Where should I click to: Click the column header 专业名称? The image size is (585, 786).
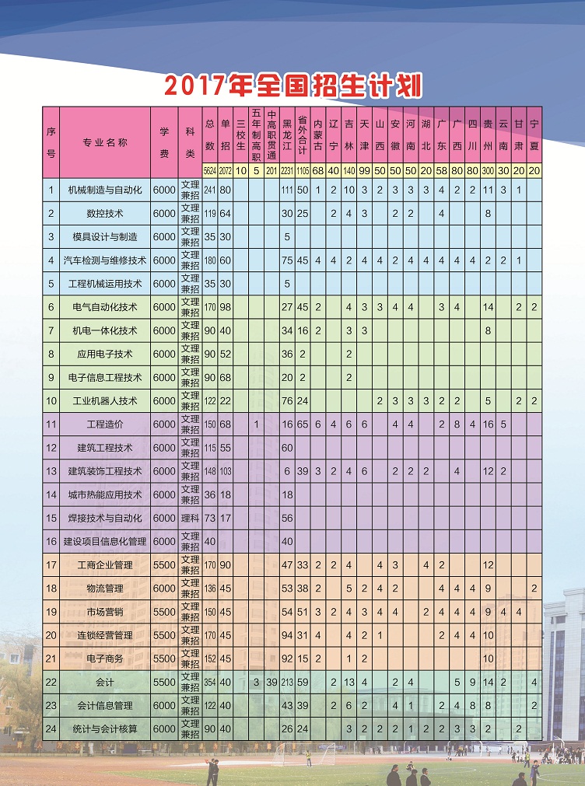pos(105,142)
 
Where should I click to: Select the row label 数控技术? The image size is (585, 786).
pos(105,213)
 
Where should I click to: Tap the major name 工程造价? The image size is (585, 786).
pos(105,424)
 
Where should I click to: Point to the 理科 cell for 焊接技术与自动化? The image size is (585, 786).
pos(190,518)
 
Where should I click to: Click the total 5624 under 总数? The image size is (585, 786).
pos(209,170)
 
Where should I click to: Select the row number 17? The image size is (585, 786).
pos(51,564)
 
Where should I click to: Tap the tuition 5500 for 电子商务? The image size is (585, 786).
pos(164,658)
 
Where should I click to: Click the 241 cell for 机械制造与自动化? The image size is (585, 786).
pos(209,190)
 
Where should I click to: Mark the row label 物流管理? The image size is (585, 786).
pos(105,589)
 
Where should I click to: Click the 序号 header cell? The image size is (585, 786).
pos(51,142)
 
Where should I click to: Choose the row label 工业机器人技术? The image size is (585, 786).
pos(105,400)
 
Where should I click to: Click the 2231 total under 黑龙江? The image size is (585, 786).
pos(286,170)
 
